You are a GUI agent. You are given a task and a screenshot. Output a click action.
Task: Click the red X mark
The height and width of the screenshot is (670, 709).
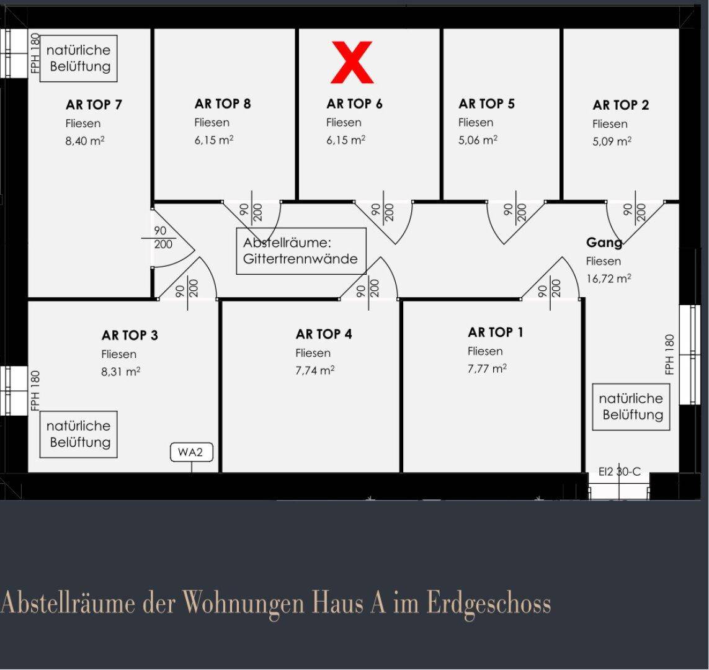(352, 62)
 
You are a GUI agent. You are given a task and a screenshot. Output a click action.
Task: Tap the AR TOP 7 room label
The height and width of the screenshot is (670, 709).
(94, 105)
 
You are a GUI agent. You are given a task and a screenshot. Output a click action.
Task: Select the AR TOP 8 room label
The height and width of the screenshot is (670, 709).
(223, 104)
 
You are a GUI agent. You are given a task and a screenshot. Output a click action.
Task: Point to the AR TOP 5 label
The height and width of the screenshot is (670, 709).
(486, 104)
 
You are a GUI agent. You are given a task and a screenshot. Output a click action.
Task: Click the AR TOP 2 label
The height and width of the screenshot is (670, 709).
(620, 105)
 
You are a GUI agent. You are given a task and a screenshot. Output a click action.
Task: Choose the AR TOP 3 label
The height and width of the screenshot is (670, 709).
(130, 336)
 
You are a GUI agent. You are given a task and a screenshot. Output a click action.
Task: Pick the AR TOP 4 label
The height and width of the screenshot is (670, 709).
(324, 334)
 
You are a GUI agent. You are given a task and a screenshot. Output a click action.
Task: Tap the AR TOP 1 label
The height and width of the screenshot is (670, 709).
(496, 333)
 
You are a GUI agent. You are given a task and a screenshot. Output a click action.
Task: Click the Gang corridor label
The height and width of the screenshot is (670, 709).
(604, 243)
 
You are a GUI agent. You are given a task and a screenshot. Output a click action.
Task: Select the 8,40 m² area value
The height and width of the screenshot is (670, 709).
(85, 141)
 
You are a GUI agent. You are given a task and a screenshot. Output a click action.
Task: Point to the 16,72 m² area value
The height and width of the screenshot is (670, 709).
(609, 279)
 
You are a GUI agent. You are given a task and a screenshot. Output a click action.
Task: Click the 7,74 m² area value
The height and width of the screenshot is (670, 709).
(315, 370)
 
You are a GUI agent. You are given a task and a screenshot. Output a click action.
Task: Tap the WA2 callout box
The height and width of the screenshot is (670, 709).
(191, 452)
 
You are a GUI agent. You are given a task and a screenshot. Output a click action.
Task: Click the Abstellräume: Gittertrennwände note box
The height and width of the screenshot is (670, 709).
(301, 251)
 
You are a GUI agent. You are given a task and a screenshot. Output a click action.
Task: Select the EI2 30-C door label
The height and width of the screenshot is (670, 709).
(619, 472)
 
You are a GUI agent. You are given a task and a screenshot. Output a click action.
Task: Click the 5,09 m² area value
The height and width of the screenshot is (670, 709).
(612, 141)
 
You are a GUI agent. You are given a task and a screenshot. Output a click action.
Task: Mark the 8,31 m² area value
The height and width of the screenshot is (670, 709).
(121, 372)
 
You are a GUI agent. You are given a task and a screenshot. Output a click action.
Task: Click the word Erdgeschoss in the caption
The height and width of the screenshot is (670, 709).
(489, 603)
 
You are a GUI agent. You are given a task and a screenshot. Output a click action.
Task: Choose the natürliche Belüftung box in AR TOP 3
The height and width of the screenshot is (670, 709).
(79, 434)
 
